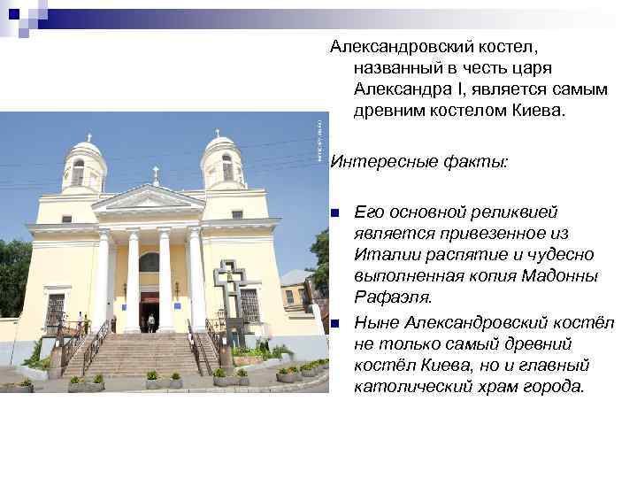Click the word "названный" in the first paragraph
395,66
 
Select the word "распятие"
459,255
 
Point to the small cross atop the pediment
156,174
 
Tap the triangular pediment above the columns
149,198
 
